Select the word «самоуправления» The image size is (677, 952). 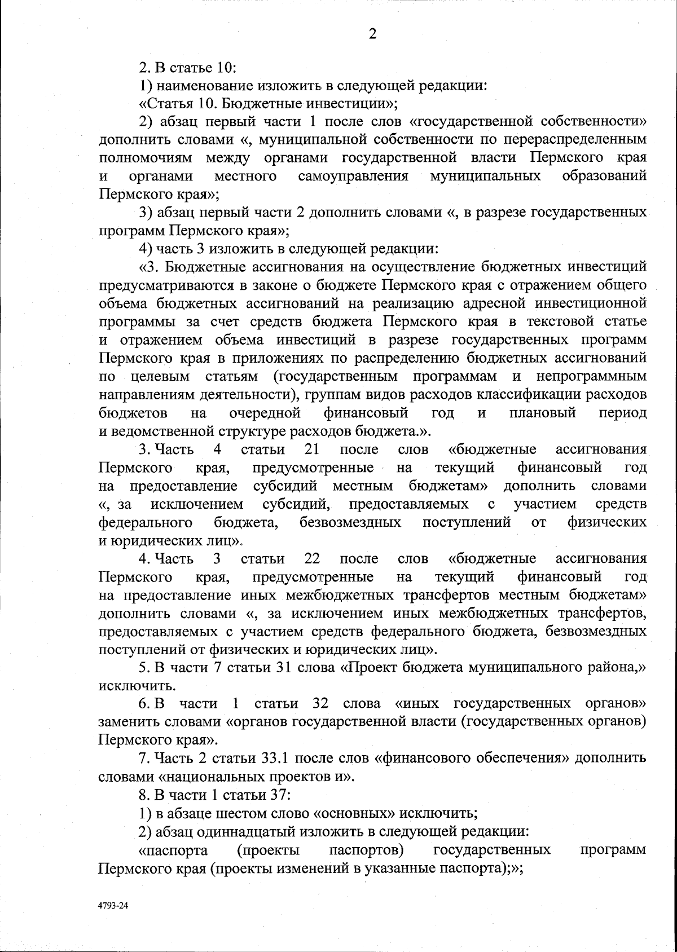point(353,177)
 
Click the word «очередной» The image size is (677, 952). point(265,413)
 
